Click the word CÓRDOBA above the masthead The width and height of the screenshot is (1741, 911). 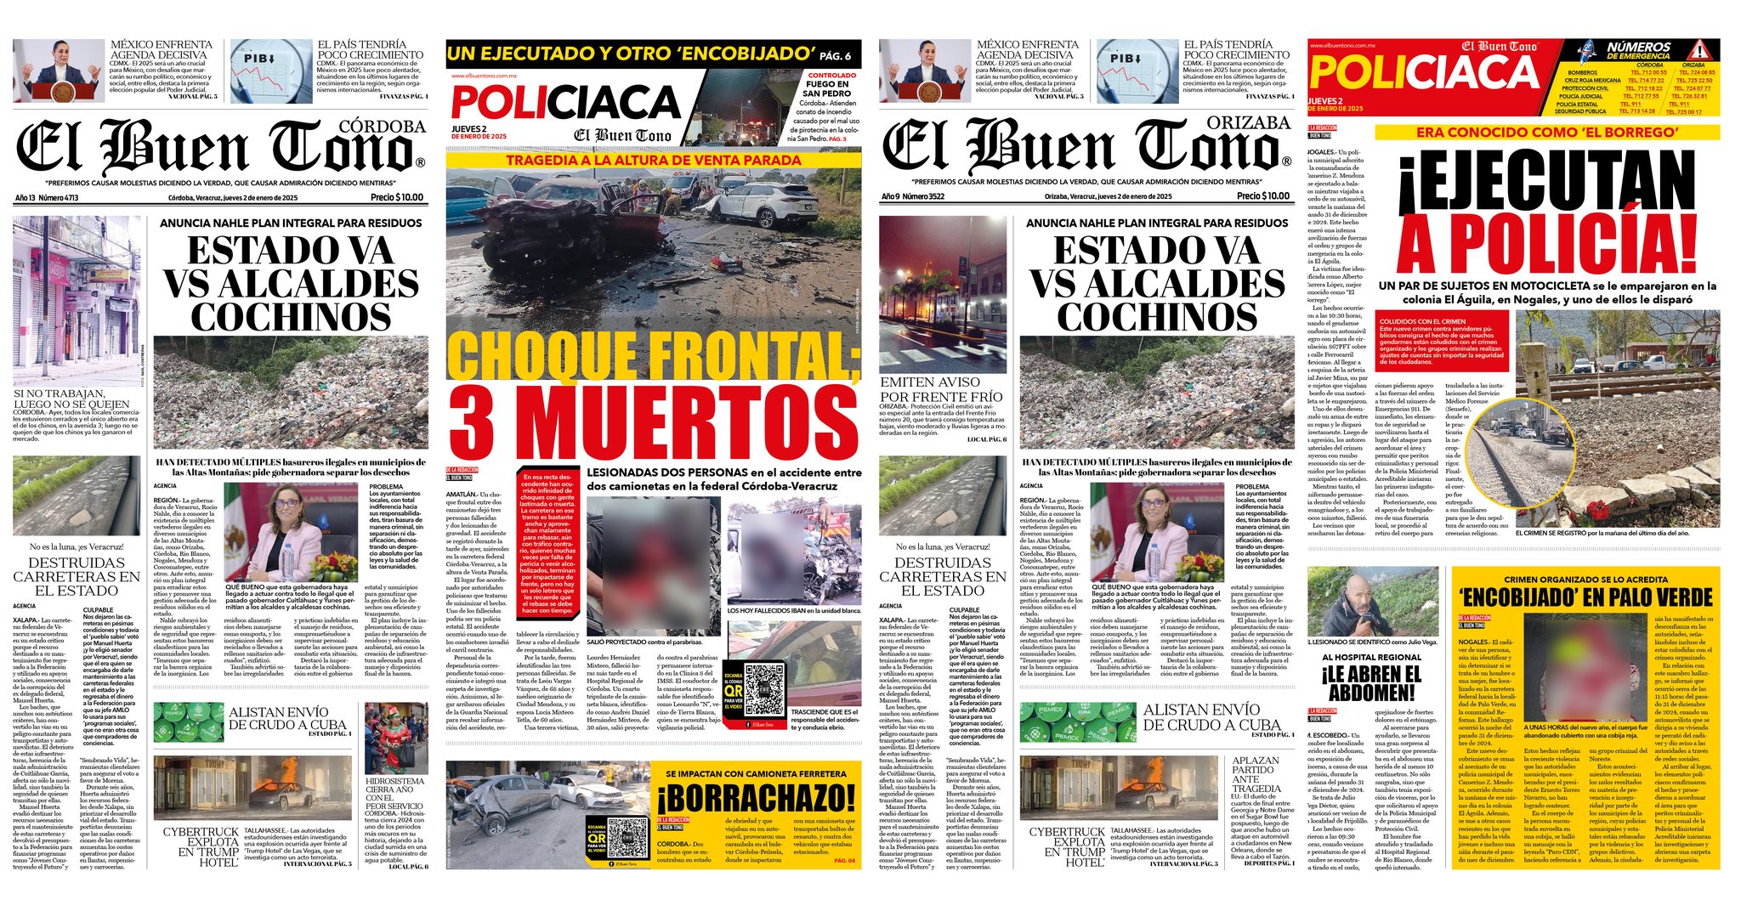(x=382, y=127)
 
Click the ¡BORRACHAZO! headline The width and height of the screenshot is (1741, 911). (x=756, y=798)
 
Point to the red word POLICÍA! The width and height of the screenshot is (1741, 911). (x=1546, y=243)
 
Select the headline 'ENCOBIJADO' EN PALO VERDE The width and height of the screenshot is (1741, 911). (x=1585, y=597)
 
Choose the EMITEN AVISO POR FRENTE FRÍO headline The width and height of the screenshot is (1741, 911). (x=941, y=389)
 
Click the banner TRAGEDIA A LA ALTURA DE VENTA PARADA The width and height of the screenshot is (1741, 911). (x=653, y=160)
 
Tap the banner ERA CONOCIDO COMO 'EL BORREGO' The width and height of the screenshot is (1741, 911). (x=1546, y=133)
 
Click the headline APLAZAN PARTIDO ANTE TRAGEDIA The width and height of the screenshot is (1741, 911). (x=1256, y=774)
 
